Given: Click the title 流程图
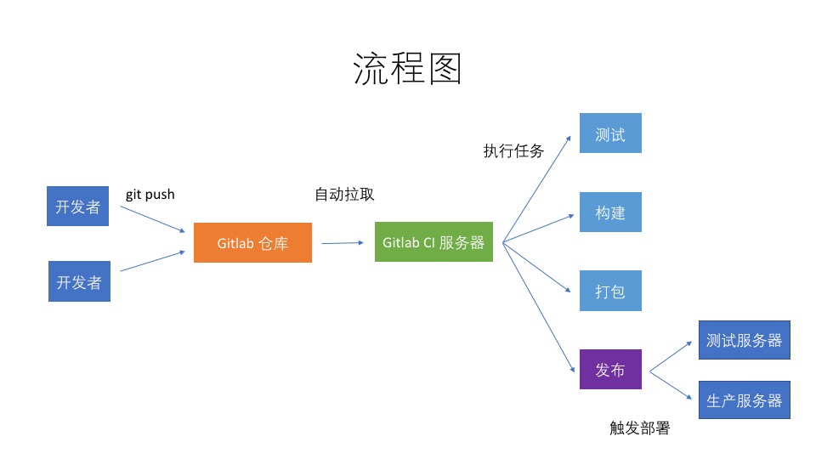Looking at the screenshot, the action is [407, 68].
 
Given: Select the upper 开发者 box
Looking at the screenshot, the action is [77, 206].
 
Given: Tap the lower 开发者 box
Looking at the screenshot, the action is [79, 281].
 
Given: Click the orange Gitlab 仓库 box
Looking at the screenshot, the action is [253, 242].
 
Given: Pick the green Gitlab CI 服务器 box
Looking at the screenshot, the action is [433, 241].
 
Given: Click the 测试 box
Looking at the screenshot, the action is [610, 133].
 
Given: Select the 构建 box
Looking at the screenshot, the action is [610, 212].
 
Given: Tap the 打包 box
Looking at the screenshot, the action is [610, 291].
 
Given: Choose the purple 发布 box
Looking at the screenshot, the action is [610, 370].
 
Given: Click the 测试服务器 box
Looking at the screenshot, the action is [745, 340].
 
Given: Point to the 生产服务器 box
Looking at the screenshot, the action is [745, 399].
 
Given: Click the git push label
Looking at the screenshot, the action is [150, 195].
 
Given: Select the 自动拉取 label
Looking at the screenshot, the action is [344, 194].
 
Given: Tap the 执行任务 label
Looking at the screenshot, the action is [513, 150].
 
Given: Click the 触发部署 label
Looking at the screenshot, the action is [639, 428].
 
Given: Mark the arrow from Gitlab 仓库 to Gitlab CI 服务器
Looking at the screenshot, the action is [343, 243].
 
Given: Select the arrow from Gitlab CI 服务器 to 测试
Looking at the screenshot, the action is [536, 190].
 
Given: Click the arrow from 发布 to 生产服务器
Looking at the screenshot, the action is [671, 386].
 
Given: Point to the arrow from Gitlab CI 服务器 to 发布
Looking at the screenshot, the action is [539, 308].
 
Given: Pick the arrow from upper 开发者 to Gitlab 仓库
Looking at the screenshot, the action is [152, 219].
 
